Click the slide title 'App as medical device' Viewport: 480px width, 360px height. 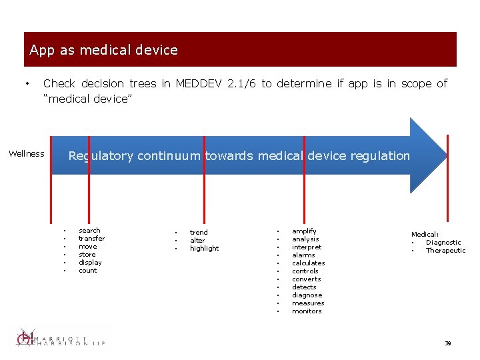pyautogui.click(x=103, y=50)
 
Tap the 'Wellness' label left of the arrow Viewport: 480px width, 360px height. pyautogui.click(x=27, y=154)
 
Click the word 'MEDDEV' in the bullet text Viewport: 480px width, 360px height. pyautogui.click(x=198, y=83)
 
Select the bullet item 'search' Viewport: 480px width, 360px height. pyautogui.click(x=89, y=231)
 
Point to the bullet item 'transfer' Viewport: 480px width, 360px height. pyautogui.click(x=91, y=239)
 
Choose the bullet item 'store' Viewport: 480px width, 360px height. pyautogui.click(x=87, y=255)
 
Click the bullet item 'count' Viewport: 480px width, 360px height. pyautogui.click(x=88, y=271)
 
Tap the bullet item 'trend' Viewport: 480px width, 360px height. pyautogui.click(x=199, y=233)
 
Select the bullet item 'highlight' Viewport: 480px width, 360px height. pyautogui.click(x=204, y=249)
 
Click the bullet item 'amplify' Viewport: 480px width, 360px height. pyautogui.click(x=304, y=231)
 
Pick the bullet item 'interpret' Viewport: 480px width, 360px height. pyautogui.click(x=306, y=247)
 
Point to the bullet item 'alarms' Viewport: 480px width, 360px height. pyautogui.click(x=303, y=255)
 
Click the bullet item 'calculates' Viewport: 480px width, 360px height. pyautogui.click(x=308, y=263)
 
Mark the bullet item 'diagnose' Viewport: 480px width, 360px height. pyautogui.click(x=307, y=295)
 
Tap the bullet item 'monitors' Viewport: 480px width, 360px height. pyautogui.click(x=307, y=311)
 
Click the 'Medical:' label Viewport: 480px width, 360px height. pyautogui.click(x=425, y=235)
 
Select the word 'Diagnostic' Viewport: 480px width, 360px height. pyautogui.click(x=443, y=243)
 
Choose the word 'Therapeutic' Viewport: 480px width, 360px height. pyautogui.click(x=445, y=251)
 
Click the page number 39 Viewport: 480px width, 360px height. pyautogui.click(x=448, y=343)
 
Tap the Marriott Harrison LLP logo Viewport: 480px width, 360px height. pyautogui.click(x=60, y=338)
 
